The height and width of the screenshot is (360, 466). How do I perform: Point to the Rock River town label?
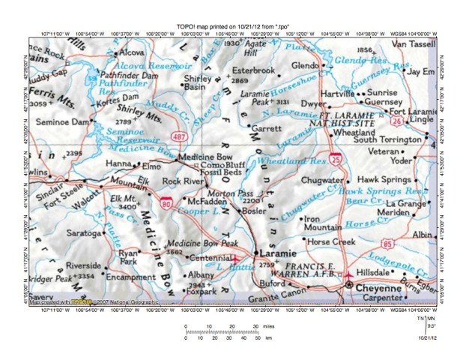(183, 181)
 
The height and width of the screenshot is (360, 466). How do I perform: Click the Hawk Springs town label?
(384, 180)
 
